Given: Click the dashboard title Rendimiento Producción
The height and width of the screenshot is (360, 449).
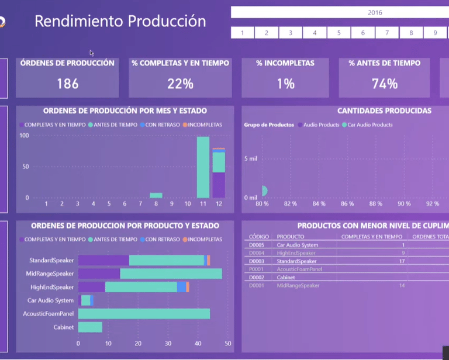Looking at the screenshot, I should point(120,22).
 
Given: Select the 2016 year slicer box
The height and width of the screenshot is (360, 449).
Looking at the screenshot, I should point(375,12).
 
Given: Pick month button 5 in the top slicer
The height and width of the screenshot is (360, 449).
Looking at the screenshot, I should point(339,33).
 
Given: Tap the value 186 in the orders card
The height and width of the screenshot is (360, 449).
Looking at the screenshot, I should point(67,84).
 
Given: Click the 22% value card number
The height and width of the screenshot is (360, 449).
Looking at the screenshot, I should point(180,84).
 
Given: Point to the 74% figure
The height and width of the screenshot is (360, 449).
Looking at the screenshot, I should point(384,84).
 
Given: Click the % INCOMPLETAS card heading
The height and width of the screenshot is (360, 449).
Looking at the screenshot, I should point(285,63).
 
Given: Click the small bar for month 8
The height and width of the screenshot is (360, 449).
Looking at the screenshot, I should point(156,195).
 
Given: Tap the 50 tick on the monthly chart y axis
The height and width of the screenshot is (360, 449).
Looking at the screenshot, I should point(25,167).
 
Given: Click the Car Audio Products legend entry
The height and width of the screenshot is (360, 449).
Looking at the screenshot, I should point(370,124).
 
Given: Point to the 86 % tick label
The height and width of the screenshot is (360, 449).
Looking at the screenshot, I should point(347,204).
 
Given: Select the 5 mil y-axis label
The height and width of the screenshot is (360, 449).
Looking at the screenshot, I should point(250,158).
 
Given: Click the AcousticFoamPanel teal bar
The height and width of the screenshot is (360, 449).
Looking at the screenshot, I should point(144,314).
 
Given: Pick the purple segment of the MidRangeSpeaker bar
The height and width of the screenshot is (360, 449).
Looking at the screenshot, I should point(99,274).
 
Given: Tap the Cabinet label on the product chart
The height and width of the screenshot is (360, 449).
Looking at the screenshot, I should point(64,327).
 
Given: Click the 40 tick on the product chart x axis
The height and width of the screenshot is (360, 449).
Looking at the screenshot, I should point(198,344).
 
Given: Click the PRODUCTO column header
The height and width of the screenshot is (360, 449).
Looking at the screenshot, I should point(291,237).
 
